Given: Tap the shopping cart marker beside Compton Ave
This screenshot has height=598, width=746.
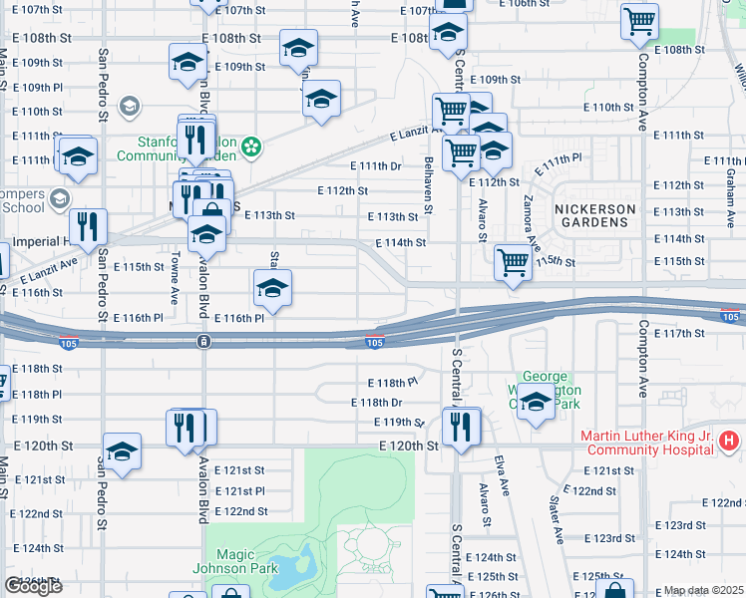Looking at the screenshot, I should point(638,21).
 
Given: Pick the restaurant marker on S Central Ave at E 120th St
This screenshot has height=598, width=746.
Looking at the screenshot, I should point(461,427).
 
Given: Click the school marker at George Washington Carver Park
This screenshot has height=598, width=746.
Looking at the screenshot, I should point(536,402).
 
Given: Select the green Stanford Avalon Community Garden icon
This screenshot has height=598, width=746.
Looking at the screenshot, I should point(251,149).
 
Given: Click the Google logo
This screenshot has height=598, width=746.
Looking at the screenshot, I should point(33,586).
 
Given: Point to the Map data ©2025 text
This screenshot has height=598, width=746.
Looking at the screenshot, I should point(703,590).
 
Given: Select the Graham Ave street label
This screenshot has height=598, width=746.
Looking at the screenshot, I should point(730,180).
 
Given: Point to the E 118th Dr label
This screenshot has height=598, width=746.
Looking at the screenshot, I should point(376,403).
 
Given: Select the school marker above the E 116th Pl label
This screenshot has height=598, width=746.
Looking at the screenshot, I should point(271,288).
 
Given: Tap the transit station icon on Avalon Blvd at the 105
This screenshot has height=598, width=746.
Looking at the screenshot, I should point(203,341).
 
